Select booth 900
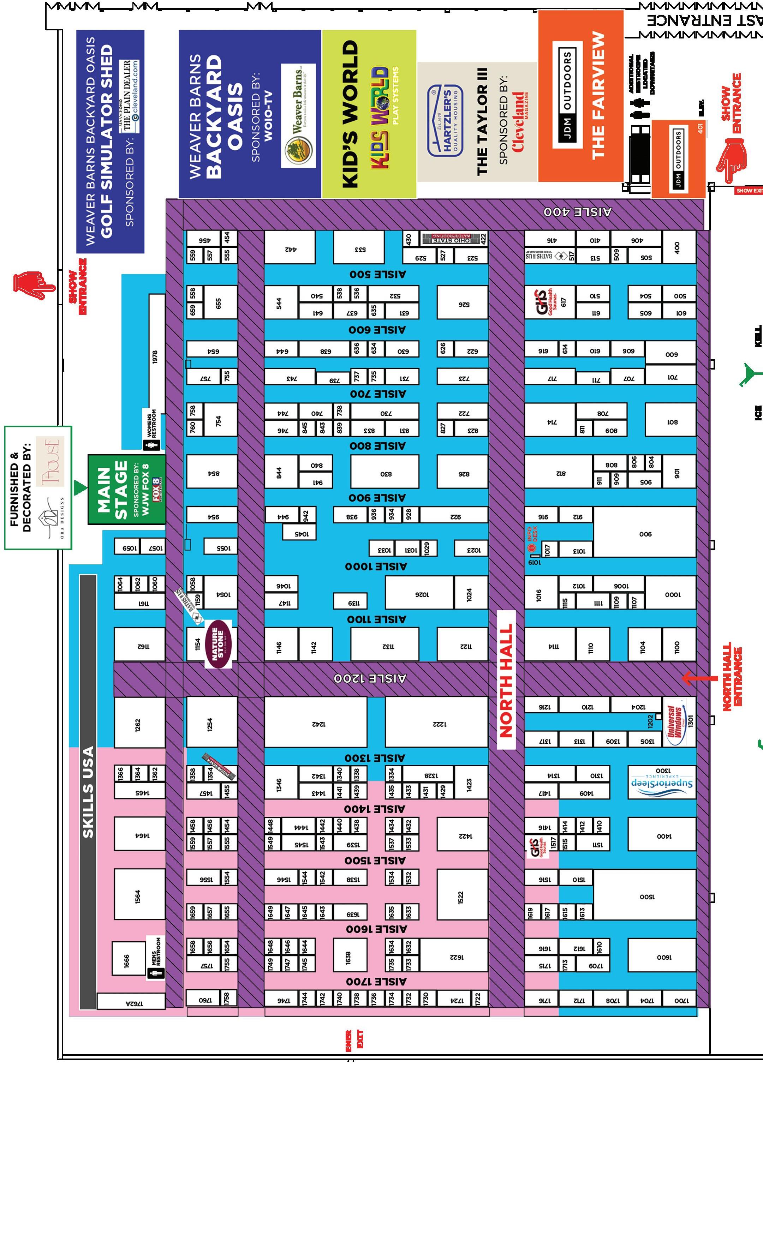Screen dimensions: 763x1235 (x=645, y=534)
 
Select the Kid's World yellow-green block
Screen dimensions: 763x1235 (x=369, y=114)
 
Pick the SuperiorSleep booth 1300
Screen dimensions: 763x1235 (x=662, y=782)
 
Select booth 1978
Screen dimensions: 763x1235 (x=156, y=356)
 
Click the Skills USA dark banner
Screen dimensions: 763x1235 (x=88, y=792)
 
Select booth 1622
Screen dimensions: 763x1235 (x=454, y=955)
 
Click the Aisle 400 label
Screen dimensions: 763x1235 (x=577, y=212)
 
